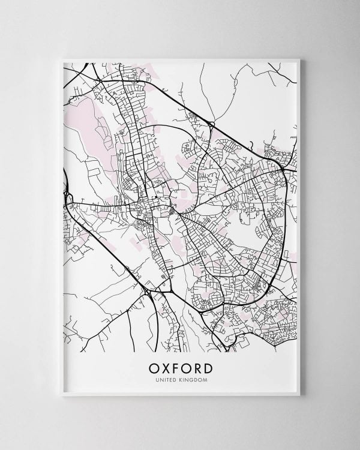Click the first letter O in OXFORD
[x=150, y=367]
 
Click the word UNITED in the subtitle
[x=169, y=379]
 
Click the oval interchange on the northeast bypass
[x=211, y=125]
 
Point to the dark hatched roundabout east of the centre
[x=174, y=211]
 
